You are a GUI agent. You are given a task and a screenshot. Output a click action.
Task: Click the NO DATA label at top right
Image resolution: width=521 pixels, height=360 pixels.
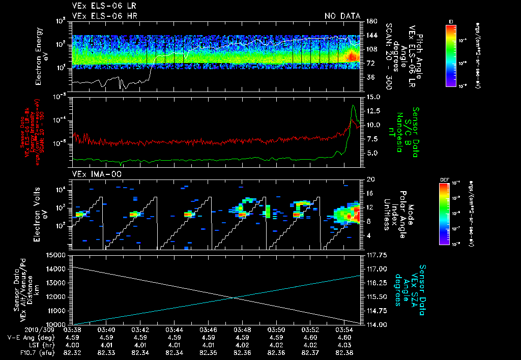[342, 16]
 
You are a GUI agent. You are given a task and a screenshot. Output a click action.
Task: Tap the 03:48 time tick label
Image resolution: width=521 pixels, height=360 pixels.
[242, 329]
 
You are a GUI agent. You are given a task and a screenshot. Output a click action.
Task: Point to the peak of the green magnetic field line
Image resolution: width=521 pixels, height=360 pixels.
[353, 105]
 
